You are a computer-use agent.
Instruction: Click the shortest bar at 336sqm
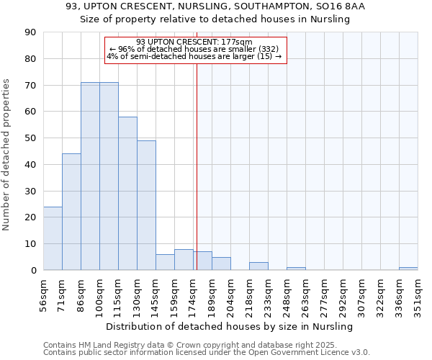click(408, 269)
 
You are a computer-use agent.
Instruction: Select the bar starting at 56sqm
click(53, 238)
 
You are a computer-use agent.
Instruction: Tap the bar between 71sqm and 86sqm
click(71, 212)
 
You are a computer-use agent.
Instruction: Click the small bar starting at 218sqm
click(258, 266)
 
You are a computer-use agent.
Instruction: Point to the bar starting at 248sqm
click(296, 269)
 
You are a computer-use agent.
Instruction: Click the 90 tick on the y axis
click(31, 32)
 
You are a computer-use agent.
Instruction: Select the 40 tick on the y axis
click(31, 165)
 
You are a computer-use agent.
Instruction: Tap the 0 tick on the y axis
click(34, 270)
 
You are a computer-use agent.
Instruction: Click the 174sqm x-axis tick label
click(194, 293)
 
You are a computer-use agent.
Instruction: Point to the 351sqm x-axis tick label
click(418, 293)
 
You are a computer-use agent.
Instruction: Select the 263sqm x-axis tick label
click(306, 293)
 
